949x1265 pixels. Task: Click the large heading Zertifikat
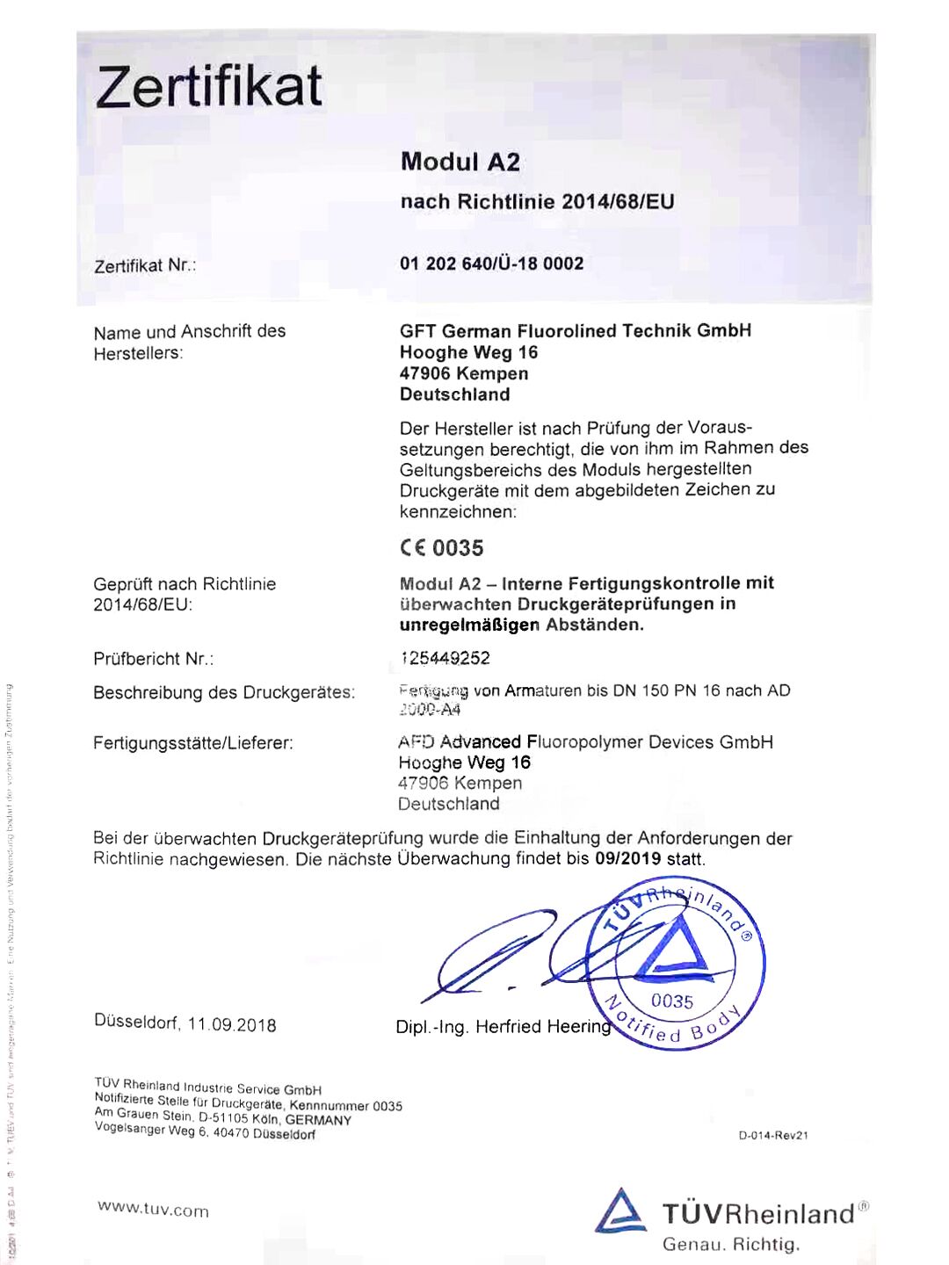coord(209,88)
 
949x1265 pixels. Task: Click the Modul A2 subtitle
coord(460,162)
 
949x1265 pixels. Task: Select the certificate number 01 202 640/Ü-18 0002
coord(491,264)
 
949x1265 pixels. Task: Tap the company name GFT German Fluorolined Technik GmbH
coord(576,331)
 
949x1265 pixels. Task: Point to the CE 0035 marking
coord(441,548)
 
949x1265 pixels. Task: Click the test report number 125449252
coord(445,658)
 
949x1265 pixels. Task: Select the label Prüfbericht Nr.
coord(154,659)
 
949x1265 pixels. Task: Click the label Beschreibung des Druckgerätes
coord(224,692)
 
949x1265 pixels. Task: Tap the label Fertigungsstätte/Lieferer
coord(193,743)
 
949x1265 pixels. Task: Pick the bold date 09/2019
coord(627,859)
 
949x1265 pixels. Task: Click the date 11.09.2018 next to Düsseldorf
coord(232,1025)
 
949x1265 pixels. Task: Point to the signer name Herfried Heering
coord(543,1027)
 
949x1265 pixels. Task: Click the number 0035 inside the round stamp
coord(672,1001)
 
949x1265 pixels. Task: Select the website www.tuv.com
coord(154,1210)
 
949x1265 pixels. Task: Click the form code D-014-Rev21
coord(773,1136)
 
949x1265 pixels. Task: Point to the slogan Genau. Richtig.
coord(731,1245)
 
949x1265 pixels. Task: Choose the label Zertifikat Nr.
coord(145,265)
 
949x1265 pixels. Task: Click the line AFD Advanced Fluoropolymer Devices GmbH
coord(585,742)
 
